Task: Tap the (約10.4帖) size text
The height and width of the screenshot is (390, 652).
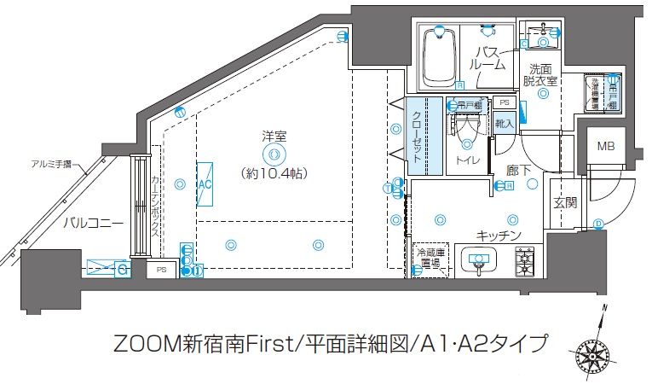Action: coord(274,172)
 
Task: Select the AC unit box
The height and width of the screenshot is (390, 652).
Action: coord(205,183)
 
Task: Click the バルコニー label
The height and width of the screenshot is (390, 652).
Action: coord(93,223)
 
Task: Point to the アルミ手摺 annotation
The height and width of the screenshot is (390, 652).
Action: coord(50,162)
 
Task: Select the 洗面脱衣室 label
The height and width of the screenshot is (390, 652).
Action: coord(542,75)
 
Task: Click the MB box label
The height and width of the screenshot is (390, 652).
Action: coord(605,145)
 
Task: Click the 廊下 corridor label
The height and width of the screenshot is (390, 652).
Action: coord(519,171)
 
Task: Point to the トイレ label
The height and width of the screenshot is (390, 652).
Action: coord(467,160)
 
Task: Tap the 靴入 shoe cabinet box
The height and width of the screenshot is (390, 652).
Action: coord(504,123)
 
